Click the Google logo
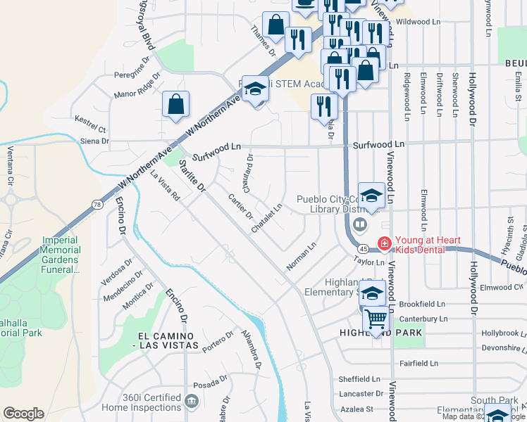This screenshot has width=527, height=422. (x=23, y=414)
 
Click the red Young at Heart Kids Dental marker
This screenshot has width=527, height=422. (x=384, y=244)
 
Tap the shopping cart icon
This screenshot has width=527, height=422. (x=376, y=320)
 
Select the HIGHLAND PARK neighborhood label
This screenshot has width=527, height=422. (x=380, y=333)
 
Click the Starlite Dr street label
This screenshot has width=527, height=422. (x=191, y=176)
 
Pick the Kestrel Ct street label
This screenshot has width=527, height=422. (x=90, y=129)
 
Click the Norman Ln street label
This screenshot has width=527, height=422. (x=302, y=257)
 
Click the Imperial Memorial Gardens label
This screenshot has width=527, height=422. (x=59, y=254)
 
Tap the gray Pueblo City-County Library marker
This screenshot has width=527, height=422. (x=360, y=224)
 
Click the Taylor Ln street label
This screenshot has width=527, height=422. (x=368, y=261)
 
